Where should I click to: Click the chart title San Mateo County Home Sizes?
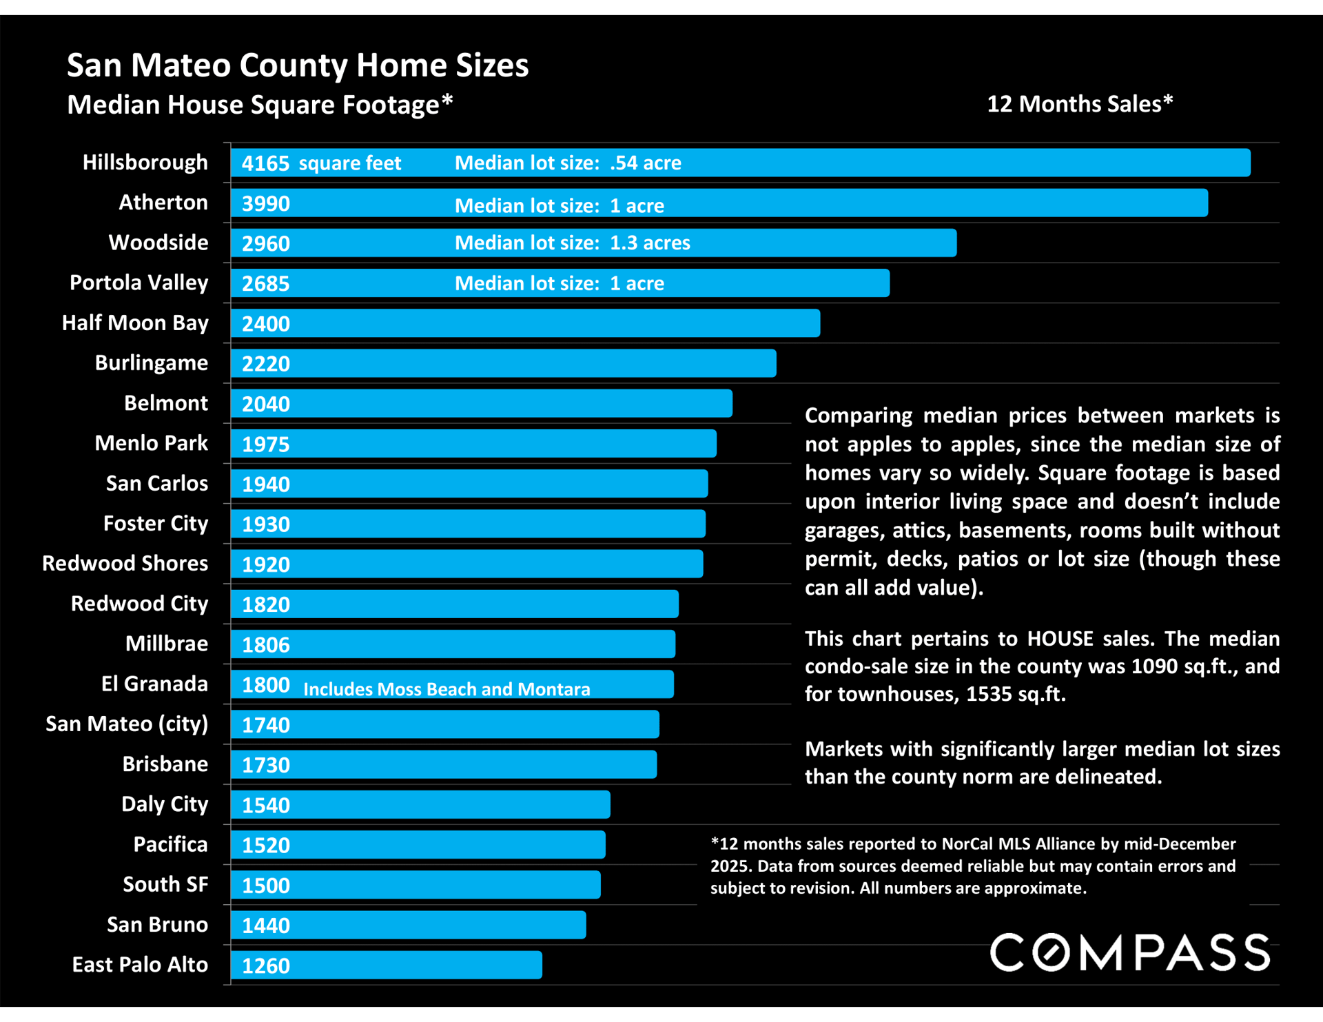pyautogui.click(x=298, y=65)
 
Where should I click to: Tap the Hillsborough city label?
pyautogui.click(x=145, y=163)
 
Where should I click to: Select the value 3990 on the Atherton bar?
pyautogui.click(x=266, y=204)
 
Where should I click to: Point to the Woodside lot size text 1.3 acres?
pyautogui.click(x=650, y=243)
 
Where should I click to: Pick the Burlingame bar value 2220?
pyautogui.click(x=266, y=364)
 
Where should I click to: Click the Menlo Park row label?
pyautogui.click(x=151, y=443)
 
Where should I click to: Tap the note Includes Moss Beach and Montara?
pyautogui.click(x=447, y=689)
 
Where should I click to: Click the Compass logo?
pyautogui.click(x=1130, y=952)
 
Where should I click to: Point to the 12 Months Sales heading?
pyautogui.click(x=1080, y=104)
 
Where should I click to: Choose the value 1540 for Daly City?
pyautogui.click(x=266, y=805)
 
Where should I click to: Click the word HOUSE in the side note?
pyautogui.click(x=1060, y=639)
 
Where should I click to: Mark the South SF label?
pyautogui.click(x=165, y=884)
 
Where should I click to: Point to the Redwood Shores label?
pyautogui.click(x=125, y=563)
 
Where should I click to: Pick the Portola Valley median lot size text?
pyautogui.click(x=559, y=283)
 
